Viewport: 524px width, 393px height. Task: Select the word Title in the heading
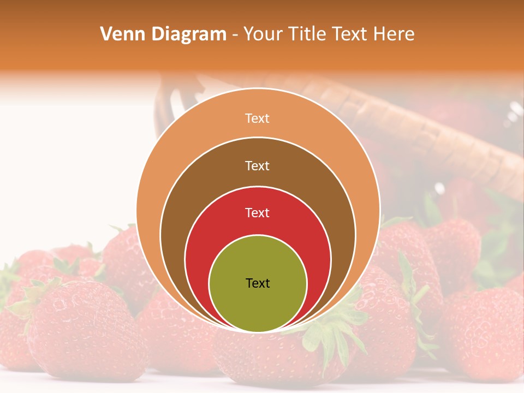tap(308, 34)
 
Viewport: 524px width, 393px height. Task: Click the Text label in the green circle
tap(258, 283)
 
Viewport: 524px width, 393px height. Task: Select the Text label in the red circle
tap(258, 213)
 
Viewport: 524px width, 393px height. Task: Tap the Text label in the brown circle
tap(258, 165)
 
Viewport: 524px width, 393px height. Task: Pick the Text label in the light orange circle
tap(258, 118)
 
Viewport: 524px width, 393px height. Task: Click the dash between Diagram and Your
tap(235, 35)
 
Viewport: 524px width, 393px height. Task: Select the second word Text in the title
tap(350, 34)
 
